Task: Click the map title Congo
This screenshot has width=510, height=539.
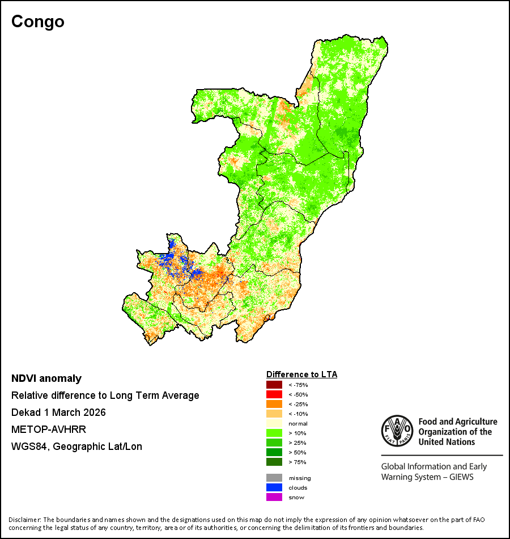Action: pyautogui.click(x=38, y=22)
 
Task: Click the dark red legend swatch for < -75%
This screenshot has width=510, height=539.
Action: pyautogui.click(x=274, y=385)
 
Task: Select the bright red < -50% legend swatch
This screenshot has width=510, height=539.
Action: pyautogui.click(x=274, y=394)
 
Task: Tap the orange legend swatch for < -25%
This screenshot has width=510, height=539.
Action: pyautogui.click(x=274, y=404)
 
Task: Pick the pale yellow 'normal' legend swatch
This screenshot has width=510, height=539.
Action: pyautogui.click(x=274, y=423)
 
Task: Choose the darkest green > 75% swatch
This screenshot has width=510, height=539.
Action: pyautogui.click(x=274, y=462)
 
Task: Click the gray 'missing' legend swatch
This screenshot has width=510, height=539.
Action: pyautogui.click(x=274, y=478)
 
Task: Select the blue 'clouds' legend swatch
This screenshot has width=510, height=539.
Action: pyautogui.click(x=274, y=487)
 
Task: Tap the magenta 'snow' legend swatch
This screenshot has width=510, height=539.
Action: pyautogui.click(x=274, y=497)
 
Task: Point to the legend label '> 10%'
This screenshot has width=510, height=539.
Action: pyautogui.click(x=297, y=433)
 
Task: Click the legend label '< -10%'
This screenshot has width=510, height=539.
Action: pyautogui.click(x=298, y=414)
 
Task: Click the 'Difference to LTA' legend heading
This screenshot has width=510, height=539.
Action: pyautogui.click(x=301, y=374)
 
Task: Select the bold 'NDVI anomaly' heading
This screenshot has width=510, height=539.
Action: pyautogui.click(x=46, y=378)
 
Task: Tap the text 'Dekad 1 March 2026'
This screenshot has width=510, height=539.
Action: pyautogui.click(x=58, y=412)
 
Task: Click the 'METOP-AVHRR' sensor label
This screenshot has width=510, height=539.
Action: pyautogui.click(x=49, y=429)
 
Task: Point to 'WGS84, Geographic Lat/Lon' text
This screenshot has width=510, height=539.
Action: pyautogui.click(x=76, y=447)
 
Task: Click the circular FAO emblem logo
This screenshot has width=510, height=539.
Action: pyautogui.click(x=397, y=431)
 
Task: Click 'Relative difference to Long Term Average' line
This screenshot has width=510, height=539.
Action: pyautogui.click(x=105, y=395)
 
